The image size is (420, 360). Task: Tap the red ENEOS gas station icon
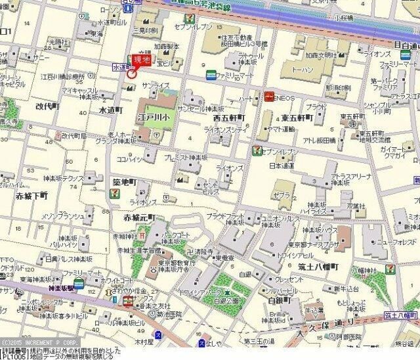(270, 97)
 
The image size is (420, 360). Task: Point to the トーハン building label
(303, 68)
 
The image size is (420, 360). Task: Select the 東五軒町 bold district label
(297, 118)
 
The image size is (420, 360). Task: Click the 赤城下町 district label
(31, 196)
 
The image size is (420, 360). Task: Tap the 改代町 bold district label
(48, 106)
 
